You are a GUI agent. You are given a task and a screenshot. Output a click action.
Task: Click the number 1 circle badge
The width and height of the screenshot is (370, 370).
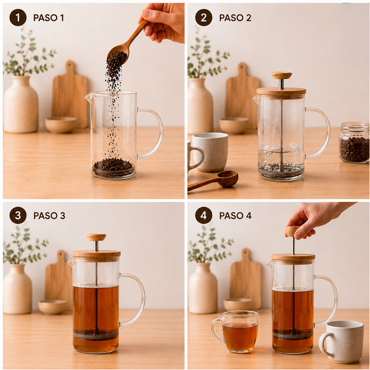point(18,18)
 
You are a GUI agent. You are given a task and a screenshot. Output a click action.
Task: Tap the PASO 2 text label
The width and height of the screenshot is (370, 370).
point(235,18)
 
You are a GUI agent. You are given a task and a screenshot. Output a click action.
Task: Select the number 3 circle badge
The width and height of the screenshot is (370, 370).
point(18,215)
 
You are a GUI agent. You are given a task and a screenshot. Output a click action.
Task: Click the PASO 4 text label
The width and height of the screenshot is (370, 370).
point(235,216)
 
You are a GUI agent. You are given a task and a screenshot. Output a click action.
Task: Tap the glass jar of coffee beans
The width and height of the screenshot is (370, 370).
point(354,142)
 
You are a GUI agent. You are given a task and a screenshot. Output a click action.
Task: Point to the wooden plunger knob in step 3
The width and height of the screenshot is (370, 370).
point(96,237)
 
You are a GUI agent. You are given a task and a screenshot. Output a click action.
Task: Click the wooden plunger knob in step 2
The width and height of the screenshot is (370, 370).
point(282,75)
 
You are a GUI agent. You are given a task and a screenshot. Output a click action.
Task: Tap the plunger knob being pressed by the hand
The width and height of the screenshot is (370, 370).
point(292,231)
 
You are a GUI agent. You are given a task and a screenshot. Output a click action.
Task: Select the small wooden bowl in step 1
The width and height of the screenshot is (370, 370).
point(61,124)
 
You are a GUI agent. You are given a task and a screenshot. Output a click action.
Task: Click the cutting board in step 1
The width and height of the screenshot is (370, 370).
point(70,94)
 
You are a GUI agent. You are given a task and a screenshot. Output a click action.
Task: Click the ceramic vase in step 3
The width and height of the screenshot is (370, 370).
point(17,289)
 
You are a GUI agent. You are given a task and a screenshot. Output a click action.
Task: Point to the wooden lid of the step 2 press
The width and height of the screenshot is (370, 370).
point(281,92)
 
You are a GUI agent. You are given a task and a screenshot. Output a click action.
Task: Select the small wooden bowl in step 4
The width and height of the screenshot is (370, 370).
point(238,304)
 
